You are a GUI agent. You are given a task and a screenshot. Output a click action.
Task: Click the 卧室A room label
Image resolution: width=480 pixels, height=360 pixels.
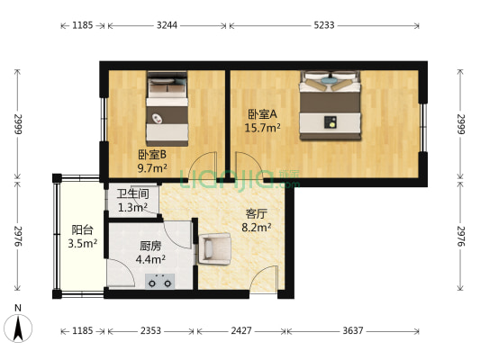(263, 113)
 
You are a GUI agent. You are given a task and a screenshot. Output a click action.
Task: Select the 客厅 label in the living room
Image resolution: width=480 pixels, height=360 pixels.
(257, 214)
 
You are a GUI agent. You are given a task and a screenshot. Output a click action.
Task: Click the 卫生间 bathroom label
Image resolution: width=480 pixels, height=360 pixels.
(132, 194)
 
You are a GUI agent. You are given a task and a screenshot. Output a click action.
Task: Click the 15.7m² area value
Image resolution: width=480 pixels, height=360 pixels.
(263, 128)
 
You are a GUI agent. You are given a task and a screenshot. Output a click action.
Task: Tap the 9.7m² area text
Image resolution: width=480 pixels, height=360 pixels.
(152, 167)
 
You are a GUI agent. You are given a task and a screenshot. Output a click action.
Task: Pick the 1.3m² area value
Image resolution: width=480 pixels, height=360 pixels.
(132, 208)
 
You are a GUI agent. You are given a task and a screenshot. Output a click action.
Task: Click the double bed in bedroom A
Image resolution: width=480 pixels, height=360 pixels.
(331, 105)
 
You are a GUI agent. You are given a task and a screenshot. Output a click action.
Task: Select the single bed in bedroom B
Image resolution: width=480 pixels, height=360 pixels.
(168, 109)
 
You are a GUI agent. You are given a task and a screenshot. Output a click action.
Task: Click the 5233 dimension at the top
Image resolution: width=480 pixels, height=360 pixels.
(324, 25)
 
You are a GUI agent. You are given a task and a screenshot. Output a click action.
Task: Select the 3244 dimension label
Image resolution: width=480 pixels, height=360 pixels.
(167, 25)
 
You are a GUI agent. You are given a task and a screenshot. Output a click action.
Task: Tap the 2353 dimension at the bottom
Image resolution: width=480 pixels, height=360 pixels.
(149, 331)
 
